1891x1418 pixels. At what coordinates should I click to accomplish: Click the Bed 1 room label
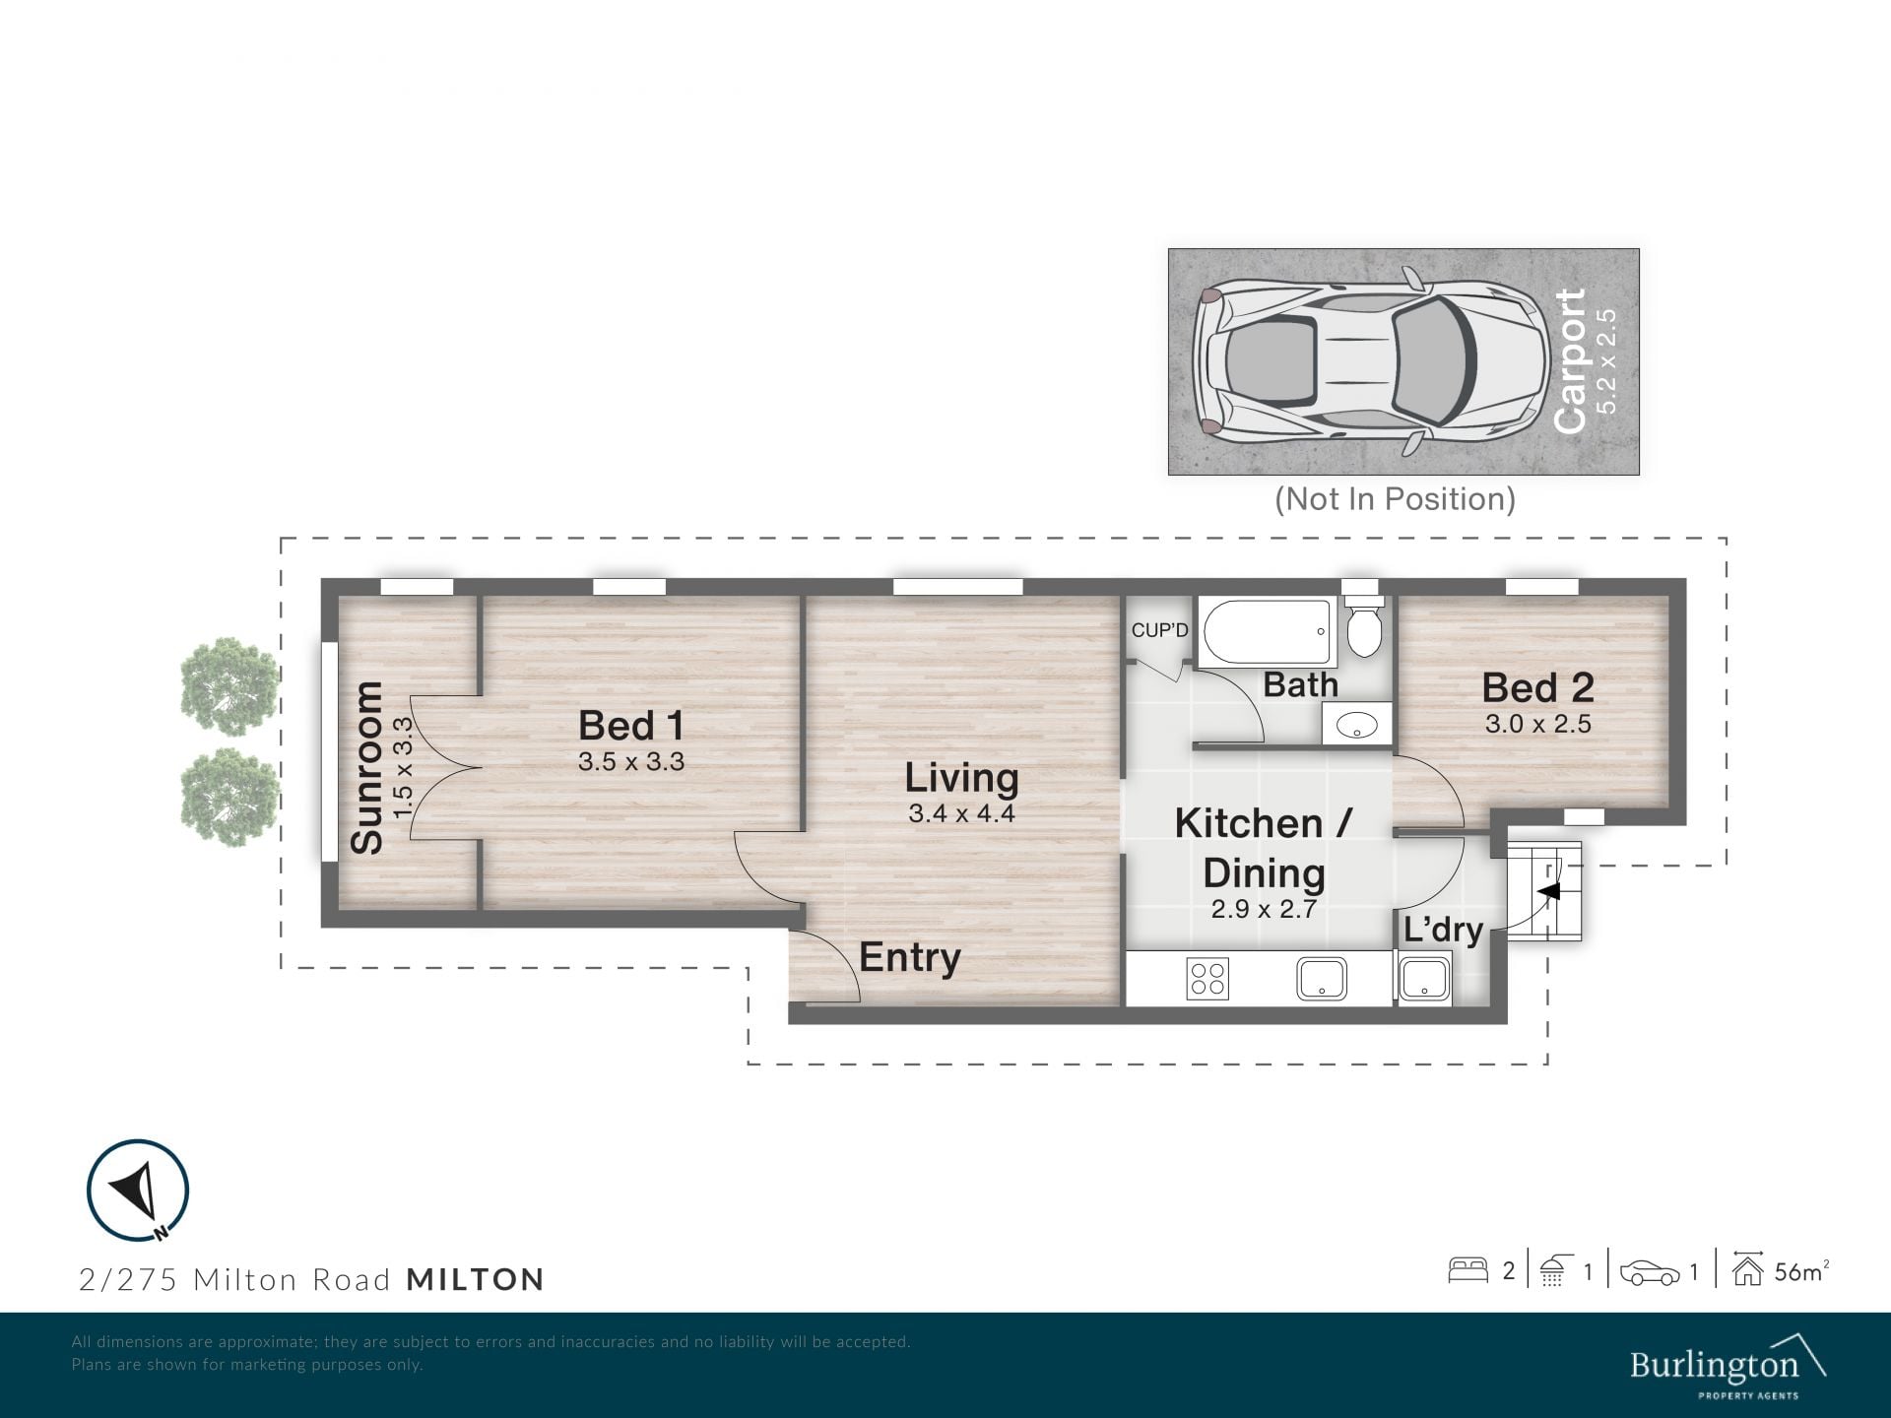point(631,726)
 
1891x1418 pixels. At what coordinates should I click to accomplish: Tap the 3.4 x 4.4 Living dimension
point(961,813)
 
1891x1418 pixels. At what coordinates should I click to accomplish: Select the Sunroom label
point(366,767)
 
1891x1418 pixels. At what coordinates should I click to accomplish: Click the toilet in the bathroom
point(1364,619)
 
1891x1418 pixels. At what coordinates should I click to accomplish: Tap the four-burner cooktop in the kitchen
point(1207,979)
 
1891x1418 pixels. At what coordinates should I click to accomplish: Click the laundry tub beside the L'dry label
point(1424,980)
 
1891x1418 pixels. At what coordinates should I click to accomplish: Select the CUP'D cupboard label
point(1159,630)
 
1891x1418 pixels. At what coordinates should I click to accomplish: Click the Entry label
point(909,957)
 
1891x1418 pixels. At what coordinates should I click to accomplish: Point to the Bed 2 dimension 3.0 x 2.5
point(1537,724)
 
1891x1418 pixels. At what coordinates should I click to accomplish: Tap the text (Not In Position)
point(1395,499)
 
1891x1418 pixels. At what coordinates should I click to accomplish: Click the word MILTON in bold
point(476,1279)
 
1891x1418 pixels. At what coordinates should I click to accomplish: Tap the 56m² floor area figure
point(1801,1271)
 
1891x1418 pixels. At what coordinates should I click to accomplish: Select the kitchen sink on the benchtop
point(1323,979)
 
